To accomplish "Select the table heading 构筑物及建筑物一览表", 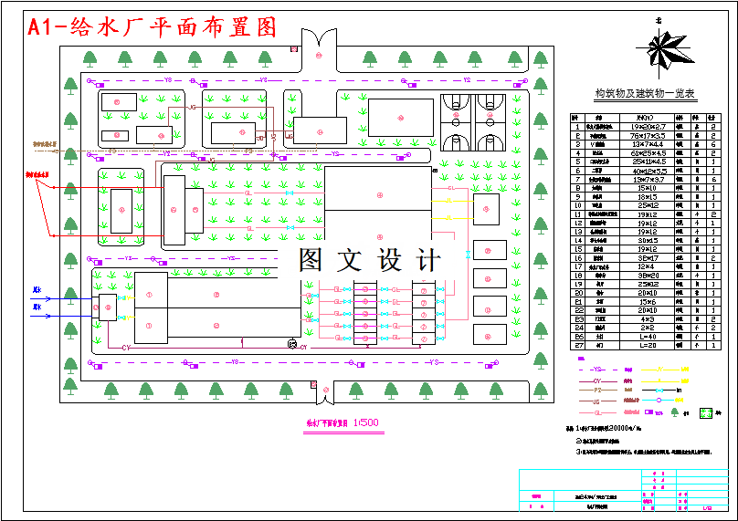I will [x=645, y=93].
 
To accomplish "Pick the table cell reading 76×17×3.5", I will [x=648, y=135].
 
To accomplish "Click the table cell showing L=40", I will [x=648, y=337].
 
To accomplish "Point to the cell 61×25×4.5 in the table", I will [x=648, y=152].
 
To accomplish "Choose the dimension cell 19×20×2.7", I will [x=648, y=126].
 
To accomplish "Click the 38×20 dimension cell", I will [x=648, y=275].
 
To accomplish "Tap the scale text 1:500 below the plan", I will [x=364, y=422].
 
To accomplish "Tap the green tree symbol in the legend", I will [x=675, y=412].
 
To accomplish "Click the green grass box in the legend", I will [x=704, y=412].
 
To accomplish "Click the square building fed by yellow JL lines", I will [x=486, y=209].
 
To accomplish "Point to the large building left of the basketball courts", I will [x=400, y=118].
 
